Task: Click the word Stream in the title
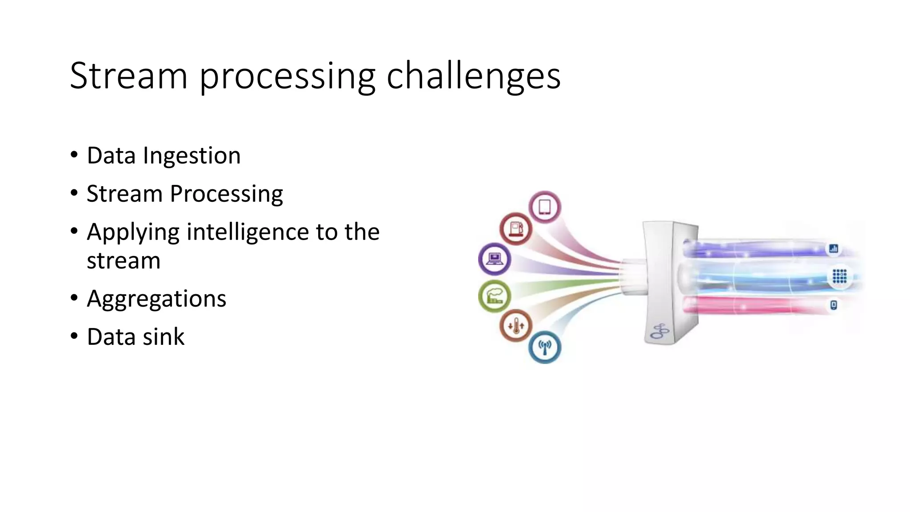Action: coord(128,76)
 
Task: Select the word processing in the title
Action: coord(287,78)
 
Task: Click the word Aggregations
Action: coord(156,299)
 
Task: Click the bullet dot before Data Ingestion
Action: coord(74,155)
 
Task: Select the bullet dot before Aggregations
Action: coord(74,298)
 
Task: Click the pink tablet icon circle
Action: coord(545,207)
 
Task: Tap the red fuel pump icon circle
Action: coord(516,229)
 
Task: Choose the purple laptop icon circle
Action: coord(495,259)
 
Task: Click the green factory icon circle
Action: coord(495,296)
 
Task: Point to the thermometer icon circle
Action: coord(516,325)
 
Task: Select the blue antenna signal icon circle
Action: coord(545,347)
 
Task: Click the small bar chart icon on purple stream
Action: coord(834,248)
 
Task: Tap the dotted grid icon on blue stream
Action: coord(839,276)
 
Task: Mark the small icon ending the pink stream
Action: coord(834,305)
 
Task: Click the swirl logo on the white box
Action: coord(660,332)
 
